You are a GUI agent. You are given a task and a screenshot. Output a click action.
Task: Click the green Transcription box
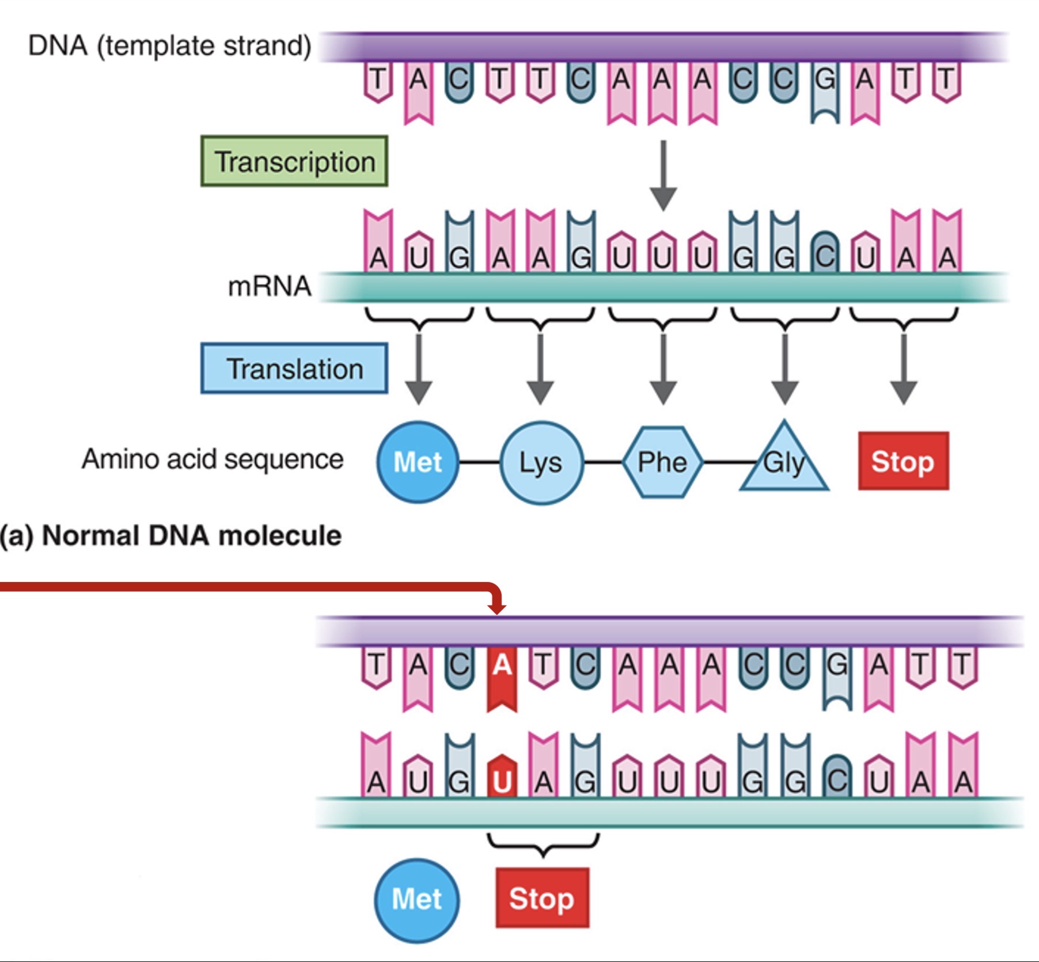[294, 161]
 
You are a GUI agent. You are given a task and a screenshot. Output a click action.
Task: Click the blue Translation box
[294, 368]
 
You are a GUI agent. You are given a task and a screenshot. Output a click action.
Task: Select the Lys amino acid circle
[541, 462]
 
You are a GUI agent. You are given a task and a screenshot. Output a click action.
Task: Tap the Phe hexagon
[663, 462]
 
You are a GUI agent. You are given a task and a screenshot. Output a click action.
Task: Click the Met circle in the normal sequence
[418, 462]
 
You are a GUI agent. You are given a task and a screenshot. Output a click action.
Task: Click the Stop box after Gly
[903, 461]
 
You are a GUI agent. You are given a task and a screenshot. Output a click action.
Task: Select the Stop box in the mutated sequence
[542, 898]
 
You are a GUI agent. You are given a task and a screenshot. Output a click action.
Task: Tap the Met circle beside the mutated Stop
[417, 899]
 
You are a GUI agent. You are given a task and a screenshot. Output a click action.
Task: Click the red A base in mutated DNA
[502, 674]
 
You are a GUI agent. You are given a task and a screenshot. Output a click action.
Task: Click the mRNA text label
[270, 287]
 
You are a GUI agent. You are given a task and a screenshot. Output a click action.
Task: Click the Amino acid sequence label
[213, 459]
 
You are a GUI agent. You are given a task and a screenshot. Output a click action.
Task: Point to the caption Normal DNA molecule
[171, 536]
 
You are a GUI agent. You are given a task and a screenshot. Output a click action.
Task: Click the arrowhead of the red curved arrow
[496, 608]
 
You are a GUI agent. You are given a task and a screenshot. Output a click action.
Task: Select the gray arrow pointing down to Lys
[540, 368]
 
